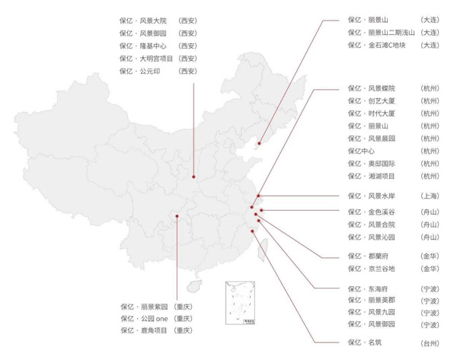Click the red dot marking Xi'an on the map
pos(193,177)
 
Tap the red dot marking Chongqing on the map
pos(177,216)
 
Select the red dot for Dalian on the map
pos(259,143)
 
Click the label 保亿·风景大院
pos(143,21)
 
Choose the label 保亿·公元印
pos(140,71)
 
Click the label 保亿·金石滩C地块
pos(376,45)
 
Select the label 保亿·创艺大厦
pos(372,100)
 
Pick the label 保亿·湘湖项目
pos(372,176)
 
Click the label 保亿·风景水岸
pos(372,196)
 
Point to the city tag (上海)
pos(430,196)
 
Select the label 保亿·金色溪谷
pos(372,212)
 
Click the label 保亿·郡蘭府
pos(368,256)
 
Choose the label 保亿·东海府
pos(368,289)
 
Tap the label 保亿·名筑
pos(365,342)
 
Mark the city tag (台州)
pos(430,343)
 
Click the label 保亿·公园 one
pos(145,319)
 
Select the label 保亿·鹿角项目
pos(144,330)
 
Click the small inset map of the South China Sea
pos(240,303)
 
